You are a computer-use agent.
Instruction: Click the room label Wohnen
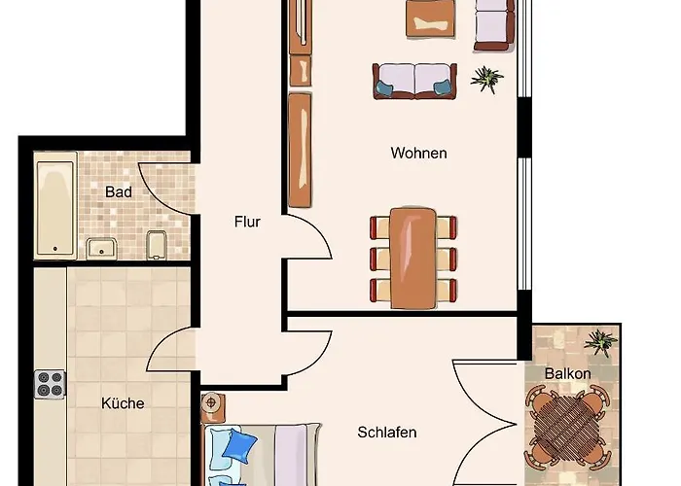[418, 153]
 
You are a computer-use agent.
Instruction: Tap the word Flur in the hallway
[247, 222]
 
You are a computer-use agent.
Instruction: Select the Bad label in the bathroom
[119, 191]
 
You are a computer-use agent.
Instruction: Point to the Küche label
[123, 402]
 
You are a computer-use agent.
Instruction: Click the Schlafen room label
[386, 432]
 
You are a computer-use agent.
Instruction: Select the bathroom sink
[101, 248]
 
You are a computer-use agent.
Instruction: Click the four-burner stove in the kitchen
[50, 384]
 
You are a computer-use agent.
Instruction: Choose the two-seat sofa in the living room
[414, 81]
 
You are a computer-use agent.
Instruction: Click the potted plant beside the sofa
[485, 77]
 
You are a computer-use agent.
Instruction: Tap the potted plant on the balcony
[601, 341]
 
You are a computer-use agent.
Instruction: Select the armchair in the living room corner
[493, 24]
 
